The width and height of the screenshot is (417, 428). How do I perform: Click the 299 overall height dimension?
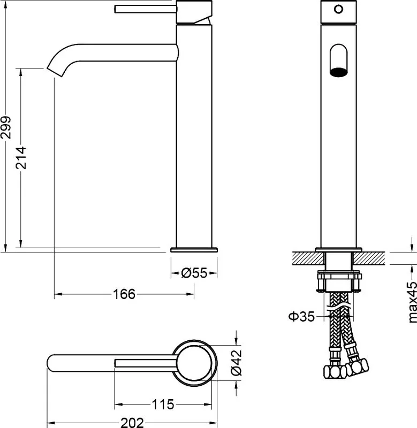(6, 127)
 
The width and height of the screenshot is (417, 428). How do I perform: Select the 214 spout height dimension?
(21, 158)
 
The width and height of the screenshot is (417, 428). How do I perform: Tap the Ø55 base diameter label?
(194, 273)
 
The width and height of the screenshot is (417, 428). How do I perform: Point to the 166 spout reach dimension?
(124, 294)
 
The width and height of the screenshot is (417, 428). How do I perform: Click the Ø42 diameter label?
(237, 363)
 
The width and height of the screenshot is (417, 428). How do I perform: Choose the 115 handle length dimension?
(163, 404)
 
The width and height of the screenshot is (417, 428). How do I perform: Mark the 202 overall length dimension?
(132, 423)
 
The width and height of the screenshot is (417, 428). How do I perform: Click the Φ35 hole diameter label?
(301, 317)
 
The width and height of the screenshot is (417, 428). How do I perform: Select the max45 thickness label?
(412, 302)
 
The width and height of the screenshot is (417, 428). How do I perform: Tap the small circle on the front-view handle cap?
(339, 9)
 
